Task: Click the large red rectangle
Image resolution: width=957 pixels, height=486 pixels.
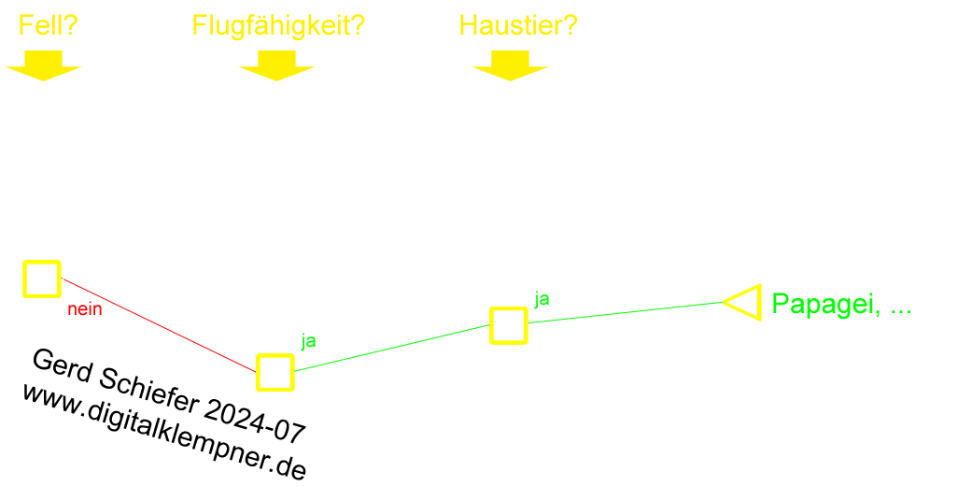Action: coord(164,326)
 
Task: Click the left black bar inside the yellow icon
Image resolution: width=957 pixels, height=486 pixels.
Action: coord(265,372)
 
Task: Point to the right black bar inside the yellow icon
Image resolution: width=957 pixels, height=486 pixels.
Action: coord(286,372)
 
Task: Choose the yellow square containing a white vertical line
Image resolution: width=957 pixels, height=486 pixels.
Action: coord(42,279)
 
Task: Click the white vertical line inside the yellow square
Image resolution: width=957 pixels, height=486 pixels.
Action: coord(30,279)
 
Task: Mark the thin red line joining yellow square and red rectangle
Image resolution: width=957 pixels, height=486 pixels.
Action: coord(67,280)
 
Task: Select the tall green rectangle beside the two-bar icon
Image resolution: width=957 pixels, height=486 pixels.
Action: coord(388,348)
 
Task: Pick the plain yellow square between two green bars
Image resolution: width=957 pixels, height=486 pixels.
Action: coord(509,325)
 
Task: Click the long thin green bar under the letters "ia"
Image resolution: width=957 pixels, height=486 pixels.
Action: coord(627,313)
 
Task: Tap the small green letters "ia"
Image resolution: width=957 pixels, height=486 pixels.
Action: coord(542,297)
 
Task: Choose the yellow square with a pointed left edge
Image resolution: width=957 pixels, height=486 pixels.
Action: coord(746,302)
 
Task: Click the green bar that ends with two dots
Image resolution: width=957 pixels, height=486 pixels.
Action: coord(835,306)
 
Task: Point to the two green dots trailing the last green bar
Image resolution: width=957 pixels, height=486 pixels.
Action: coord(904,311)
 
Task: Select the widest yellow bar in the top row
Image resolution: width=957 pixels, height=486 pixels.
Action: coord(279,27)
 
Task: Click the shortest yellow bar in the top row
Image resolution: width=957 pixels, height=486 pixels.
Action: coord(49,25)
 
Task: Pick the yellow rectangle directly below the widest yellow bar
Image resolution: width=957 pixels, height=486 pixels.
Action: coord(276,66)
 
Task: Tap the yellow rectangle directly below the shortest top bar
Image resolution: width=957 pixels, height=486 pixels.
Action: coord(43,66)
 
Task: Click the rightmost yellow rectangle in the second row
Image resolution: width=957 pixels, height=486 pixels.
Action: coord(510,66)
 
